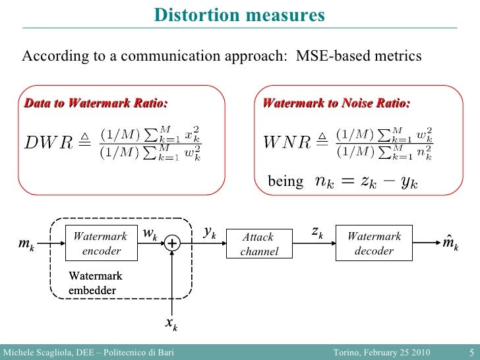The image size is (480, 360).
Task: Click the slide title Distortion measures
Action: pos(239,15)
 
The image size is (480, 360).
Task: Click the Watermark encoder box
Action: pos(102,243)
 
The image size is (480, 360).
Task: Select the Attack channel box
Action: pos(258,245)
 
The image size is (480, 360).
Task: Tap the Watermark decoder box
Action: pos(374,243)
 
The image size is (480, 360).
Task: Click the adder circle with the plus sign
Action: pos(172,244)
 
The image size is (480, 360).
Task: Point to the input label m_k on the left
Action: pos(26,245)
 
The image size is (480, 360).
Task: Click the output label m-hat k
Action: pos(451,245)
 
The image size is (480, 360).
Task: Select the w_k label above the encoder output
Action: pos(150,234)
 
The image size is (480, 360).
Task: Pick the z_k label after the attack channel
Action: pos(316,232)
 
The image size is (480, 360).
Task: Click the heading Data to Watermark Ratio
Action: pos(96,103)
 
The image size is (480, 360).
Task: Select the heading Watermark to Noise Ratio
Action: pos(336,103)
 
